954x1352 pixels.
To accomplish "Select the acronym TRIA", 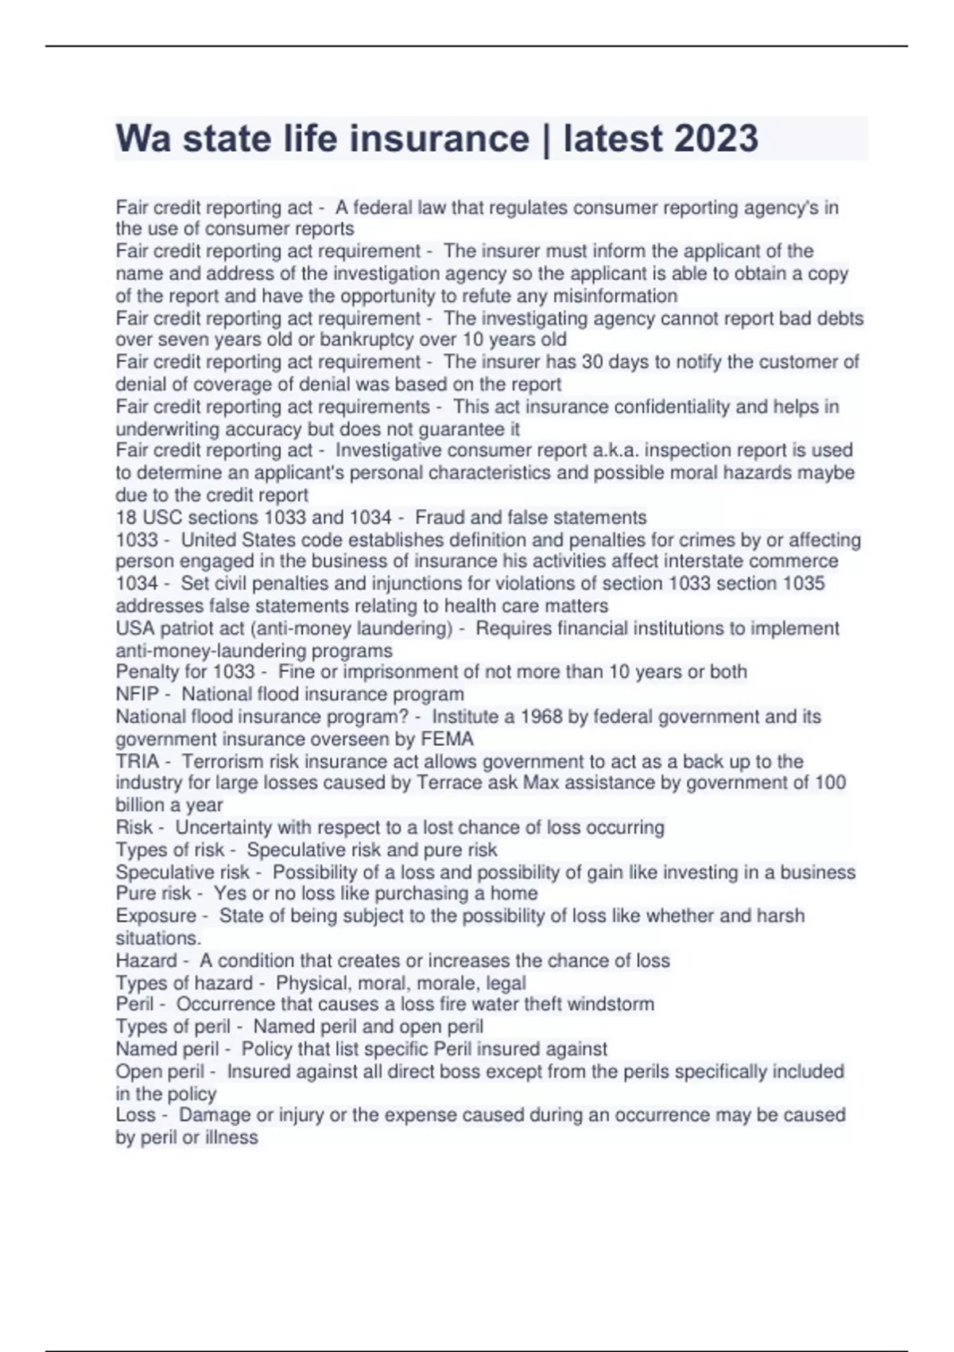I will (x=137, y=761).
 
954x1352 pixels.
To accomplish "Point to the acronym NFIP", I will (x=137, y=694).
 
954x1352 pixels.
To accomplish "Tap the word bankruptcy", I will (x=368, y=340).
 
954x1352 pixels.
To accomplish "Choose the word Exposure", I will (x=156, y=916).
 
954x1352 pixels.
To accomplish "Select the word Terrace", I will (x=449, y=783).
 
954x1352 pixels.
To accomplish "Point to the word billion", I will (x=139, y=805).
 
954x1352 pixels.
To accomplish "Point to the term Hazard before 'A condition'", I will (x=146, y=961).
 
